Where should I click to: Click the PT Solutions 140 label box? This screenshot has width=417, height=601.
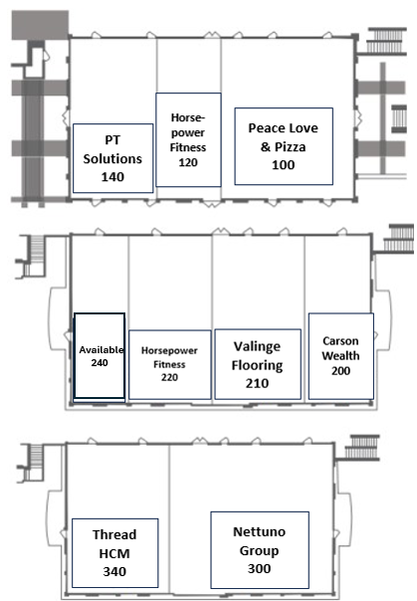[113, 158]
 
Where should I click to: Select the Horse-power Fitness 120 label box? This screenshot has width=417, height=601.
[188, 139]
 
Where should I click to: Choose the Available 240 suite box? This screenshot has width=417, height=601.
[100, 355]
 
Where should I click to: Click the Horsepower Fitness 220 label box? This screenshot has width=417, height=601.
[170, 364]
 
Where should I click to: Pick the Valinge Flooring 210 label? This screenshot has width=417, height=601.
[258, 364]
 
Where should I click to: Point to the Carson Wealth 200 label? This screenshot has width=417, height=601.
[341, 355]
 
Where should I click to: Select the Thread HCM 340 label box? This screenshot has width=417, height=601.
[115, 552]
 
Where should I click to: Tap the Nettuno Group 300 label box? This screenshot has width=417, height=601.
[260, 549]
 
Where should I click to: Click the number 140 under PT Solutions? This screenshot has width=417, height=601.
[112, 177]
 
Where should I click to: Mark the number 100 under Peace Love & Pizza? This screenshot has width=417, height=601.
[284, 165]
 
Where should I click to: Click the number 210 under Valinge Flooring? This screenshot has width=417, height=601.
[257, 383]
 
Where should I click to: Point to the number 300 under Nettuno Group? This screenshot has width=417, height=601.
[259, 568]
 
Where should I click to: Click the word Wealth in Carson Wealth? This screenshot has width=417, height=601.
[340, 355]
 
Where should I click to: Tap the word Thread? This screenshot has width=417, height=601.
[114, 534]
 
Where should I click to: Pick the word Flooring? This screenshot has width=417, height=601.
[257, 365]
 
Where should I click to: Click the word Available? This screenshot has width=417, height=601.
[102, 349]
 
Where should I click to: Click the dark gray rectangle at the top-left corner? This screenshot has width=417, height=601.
[40, 25]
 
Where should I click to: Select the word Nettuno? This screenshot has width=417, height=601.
[260, 531]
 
